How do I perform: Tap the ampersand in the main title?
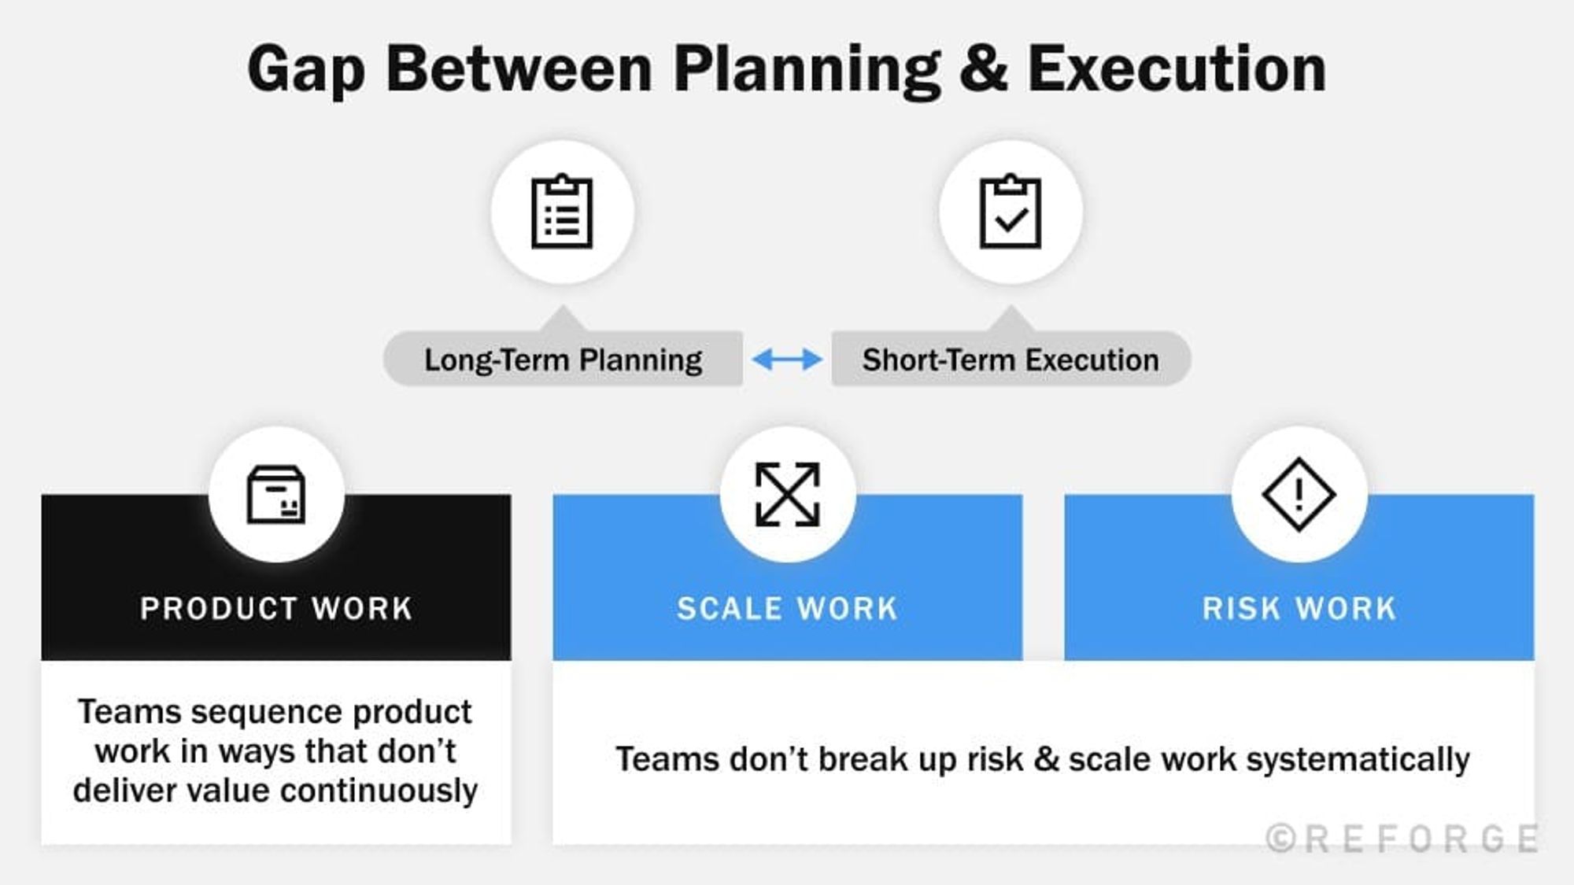(x=983, y=69)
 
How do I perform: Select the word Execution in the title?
(x=1177, y=69)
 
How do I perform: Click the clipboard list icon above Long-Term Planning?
(x=562, y=212)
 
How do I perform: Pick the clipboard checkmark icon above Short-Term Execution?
(x=1011, y=212)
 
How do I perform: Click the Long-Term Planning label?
(x=563, y=360)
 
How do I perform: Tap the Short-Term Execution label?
(x=1011, y=360)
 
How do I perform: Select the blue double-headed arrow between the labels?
(x=787, y=360)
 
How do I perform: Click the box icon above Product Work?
(x=276, y=495)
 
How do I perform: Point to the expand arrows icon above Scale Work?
(x=787, y=495)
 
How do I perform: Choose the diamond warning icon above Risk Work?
(x=1299, y=495)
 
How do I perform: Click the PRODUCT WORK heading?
(x=276, y=609)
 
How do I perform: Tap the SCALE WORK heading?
(x=787, y=609)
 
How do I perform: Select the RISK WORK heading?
(x=1299, y=609)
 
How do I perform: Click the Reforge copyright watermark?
(x=1402, y=839)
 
